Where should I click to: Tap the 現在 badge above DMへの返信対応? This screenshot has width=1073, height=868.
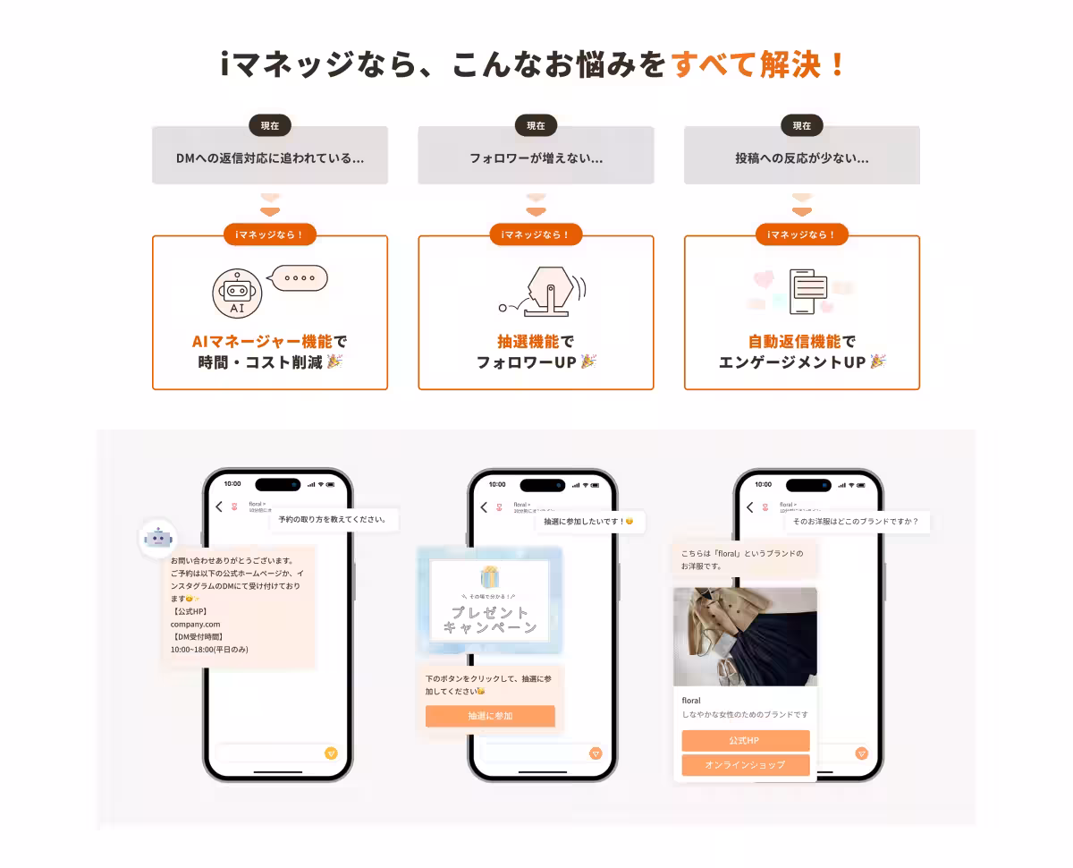(x=270, y=126)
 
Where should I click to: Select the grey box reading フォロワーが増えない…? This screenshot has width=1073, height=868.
(x=536, y=158)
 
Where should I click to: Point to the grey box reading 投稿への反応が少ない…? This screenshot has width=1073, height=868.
(x=802, y=158)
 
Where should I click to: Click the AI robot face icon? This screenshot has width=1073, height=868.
(x=237, y=293)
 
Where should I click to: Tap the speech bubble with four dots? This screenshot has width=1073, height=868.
(x=300, y=278)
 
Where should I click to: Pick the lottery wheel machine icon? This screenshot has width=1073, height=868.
(x=542, y=291)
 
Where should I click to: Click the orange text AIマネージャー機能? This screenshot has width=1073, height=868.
(x=262, y=341)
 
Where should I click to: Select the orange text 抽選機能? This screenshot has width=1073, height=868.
(x=528, y=341)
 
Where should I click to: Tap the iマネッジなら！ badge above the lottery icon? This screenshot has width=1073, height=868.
(x=536, y=235)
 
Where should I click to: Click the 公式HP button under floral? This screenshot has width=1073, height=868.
(x=745, y=741)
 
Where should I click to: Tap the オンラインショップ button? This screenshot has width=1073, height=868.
(x=745, y=765)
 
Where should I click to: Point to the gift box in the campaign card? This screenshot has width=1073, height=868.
(x=489, y=577)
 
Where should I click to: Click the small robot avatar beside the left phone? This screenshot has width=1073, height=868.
(x=157, y=538)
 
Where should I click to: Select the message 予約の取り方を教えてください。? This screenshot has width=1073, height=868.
(x=334, y=519)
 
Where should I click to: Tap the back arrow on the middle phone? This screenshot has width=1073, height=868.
(x=485, y=507)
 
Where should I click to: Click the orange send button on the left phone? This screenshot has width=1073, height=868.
(x=331, y=753)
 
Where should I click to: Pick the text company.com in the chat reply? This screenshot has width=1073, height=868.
(x=195, y=624)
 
